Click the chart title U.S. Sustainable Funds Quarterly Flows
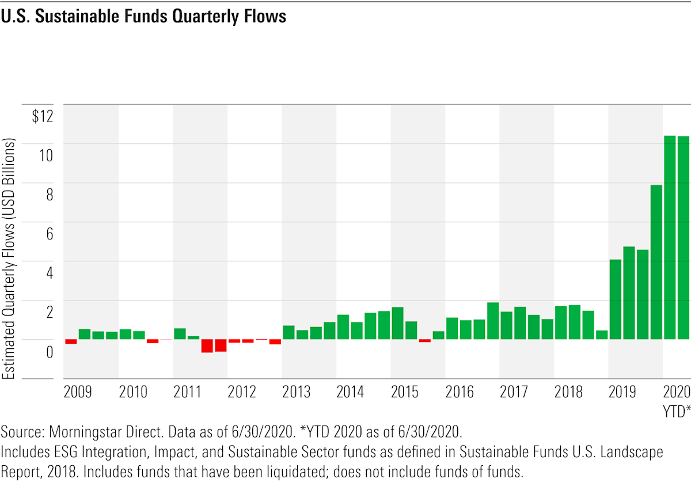pos(143,17)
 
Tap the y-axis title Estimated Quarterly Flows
pos(9,259)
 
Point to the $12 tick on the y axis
pos(41,117)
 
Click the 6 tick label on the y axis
pos(49,234)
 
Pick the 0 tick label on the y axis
pos(49,351)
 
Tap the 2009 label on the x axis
pos(78,393)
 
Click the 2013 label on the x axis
pos(296,393)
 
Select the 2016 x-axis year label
pos(460,393)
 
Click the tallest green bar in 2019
pos(656,262)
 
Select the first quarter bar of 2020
pos(670,237)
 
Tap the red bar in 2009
pos(71,341)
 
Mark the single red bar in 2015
pos(425,340)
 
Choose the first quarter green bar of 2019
pos(615,299)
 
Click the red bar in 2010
pos(153,341)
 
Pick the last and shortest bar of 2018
pos(602,335)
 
